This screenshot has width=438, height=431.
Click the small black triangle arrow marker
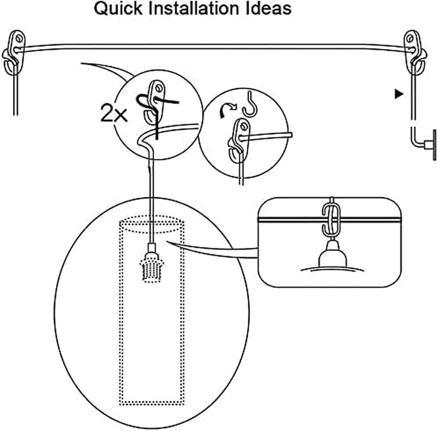tap(399, 94)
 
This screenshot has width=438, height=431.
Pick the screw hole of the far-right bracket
tap(412, 39)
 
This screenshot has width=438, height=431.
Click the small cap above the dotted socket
tap(151, 250)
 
